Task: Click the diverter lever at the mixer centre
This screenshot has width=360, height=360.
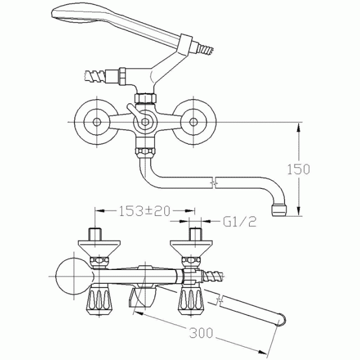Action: [136, 114]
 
